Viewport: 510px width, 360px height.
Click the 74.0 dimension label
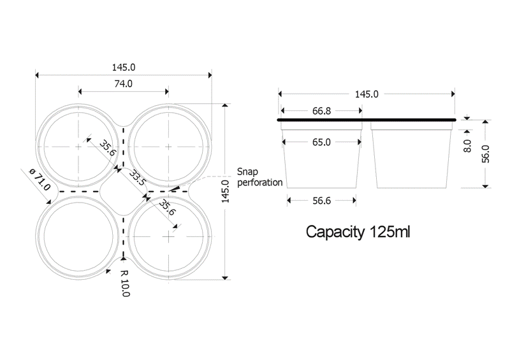[x=124, y=83]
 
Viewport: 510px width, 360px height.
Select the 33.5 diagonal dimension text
[x=138, y=178]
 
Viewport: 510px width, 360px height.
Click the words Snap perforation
[x=259, y=177]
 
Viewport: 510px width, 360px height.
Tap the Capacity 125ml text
[x=358, y=231]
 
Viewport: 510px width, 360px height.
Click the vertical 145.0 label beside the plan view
[x=224, y=192]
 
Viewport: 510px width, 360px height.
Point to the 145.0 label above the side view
[x=367, y=94]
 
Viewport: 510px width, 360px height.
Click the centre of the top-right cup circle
[x=168, y=147]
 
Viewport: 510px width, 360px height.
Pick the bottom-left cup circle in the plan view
[x=79, y=235]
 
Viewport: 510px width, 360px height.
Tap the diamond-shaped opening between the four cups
[x=123, y=191]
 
